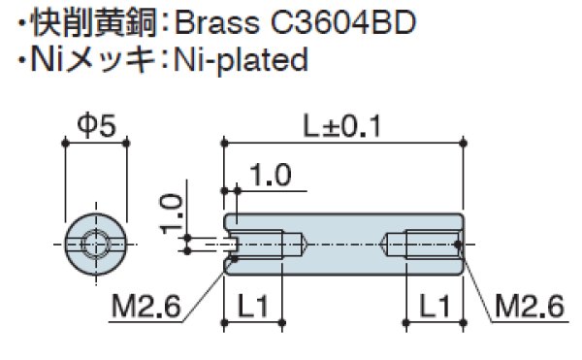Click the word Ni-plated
point(241,60)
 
